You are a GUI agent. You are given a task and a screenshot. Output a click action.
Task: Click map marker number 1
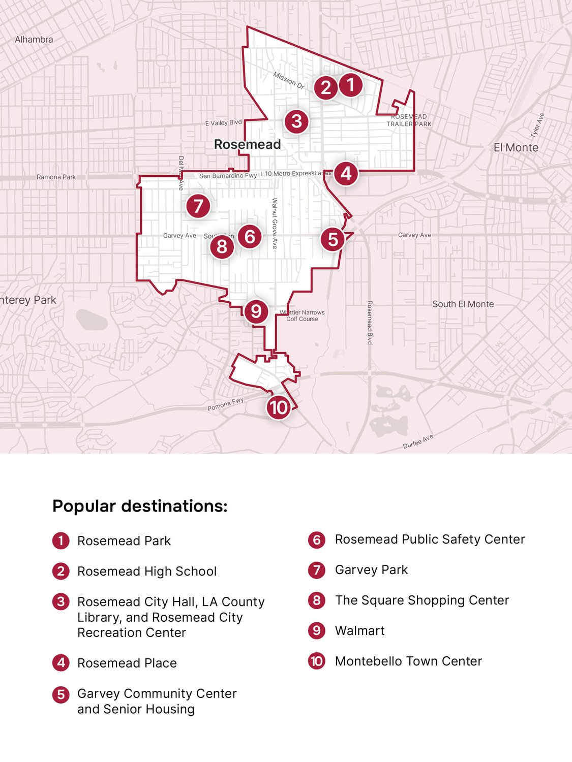coord(350,85)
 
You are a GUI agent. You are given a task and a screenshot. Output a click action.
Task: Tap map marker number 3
coord(296,121)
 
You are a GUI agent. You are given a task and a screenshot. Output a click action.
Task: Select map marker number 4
coord(346,174)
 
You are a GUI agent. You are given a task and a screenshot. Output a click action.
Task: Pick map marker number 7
coord(198,206)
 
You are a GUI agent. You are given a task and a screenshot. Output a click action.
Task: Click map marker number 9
coord(256,311)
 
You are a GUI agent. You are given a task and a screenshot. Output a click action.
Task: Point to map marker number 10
coord(278,407)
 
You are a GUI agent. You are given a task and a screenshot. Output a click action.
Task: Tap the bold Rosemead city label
coord(247,144)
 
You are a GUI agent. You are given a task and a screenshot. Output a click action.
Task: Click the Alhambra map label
coord(34,39)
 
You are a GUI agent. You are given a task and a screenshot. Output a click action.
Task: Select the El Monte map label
coord(516,147)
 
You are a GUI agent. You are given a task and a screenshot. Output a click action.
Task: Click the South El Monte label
coord(463,304)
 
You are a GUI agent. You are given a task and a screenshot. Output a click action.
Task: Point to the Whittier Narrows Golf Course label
coord(303,315)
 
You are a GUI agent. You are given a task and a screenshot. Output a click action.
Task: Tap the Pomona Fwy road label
coord(225,404)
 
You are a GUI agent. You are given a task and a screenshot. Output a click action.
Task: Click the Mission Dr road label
coord(289,80)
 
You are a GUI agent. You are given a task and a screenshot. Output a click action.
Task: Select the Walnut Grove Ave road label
coord(275,223)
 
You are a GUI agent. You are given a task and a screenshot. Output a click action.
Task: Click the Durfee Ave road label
coord(418,441)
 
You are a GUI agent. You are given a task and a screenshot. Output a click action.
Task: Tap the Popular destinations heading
coord(140,506)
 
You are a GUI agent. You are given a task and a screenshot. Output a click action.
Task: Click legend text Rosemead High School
coord(147,571)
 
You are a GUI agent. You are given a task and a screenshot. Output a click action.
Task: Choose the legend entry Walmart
coord(359,630)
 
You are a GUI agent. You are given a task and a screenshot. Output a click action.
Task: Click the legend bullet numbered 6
coord(316,539)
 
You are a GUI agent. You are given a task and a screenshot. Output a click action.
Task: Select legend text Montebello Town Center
coord(408,661)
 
